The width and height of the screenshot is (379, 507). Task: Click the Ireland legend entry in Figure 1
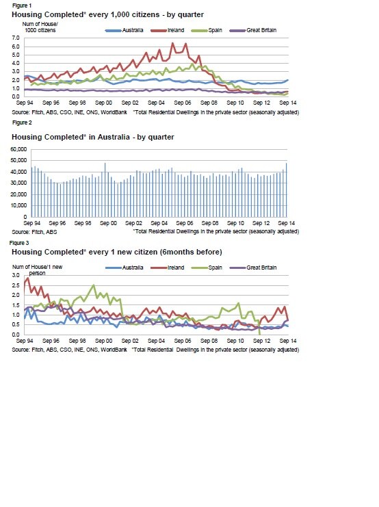(168, 30)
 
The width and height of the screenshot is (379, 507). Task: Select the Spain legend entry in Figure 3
(207, 268)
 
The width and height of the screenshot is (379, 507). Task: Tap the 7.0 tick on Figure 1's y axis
(16, 38)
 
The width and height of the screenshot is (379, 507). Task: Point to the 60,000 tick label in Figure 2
(18, 149)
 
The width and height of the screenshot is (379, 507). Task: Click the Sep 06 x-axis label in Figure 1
(183, 103)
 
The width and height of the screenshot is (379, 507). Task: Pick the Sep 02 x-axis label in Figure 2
(133, 223)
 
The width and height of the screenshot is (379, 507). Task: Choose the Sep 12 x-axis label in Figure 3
(261, 341)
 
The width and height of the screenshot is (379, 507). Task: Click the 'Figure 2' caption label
(22, 123)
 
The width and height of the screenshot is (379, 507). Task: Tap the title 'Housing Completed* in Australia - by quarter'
(93, 137)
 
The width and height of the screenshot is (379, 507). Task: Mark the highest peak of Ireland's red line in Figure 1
(172, 42)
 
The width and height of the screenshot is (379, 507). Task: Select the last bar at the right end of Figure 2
(286, 190)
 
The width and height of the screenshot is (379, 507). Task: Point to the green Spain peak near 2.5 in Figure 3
(94, 285)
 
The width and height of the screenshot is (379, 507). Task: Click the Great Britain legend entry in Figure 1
(253, 30)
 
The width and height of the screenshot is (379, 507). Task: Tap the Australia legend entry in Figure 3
(125, 268)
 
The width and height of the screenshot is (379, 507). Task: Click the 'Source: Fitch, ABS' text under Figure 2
(34, 232)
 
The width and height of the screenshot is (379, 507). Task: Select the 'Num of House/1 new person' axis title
(37, 270)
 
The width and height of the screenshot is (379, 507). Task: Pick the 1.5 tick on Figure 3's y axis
(16, 306)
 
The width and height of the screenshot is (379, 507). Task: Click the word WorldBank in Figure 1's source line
(114, 112)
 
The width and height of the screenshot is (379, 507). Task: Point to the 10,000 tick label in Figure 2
(18, 206)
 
